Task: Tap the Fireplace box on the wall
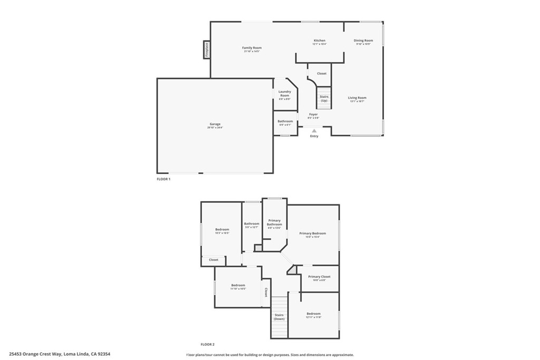tap(207, 50)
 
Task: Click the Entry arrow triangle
tap(314, 131)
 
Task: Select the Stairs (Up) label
tap(324, 99)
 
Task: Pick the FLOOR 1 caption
tap(163, 179)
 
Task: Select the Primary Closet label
tap(319, 278)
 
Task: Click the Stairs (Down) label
tap(279, 317)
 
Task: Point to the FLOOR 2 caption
tap(208, 344)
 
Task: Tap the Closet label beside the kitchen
tap(322, 74)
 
